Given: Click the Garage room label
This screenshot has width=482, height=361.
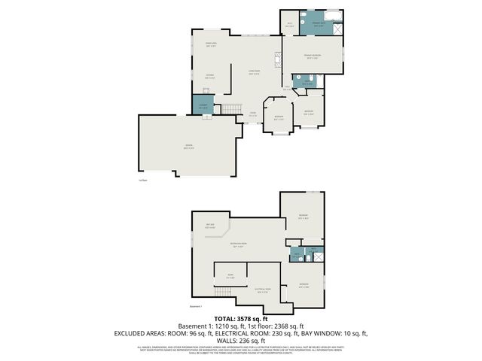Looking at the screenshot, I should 188,147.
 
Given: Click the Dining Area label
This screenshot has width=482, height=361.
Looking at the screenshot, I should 212,45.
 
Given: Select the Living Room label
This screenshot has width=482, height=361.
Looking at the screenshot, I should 254,72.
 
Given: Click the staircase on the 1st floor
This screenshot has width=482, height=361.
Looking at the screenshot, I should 229,111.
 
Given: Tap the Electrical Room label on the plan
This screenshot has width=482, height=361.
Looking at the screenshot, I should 262,290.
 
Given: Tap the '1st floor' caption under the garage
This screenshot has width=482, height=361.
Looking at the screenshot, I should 142,180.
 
